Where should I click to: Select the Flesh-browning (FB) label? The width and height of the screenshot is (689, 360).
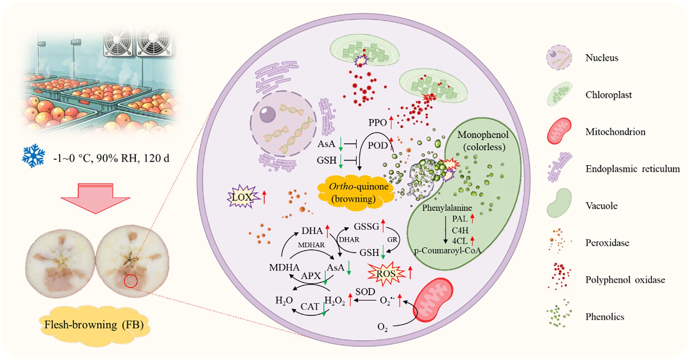[x=94, y=325]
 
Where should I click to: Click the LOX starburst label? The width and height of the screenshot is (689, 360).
[x=242, y=197]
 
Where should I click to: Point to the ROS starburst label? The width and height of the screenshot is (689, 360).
[x=386, y=273]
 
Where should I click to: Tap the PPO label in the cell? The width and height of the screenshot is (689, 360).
[x=377, y=122]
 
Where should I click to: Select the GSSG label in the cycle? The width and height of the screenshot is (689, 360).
[x=366, y=226]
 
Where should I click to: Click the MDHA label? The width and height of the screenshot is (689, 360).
[x=284, y=267]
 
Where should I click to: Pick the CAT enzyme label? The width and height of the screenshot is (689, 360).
[x=310, y=306]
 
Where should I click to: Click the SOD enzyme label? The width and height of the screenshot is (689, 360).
[x=365, y=291]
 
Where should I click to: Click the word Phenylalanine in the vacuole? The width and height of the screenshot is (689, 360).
[x=447, y=208]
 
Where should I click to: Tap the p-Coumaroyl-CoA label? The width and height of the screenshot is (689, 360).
[x=447, y=250]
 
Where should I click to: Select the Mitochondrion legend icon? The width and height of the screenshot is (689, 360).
[x=559, y=131]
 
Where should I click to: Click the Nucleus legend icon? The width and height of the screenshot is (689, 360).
[x=558, y=58]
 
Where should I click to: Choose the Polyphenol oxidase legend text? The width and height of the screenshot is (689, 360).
[x=625, y=280]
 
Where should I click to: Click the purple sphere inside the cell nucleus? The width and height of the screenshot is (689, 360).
[x=268, y=114]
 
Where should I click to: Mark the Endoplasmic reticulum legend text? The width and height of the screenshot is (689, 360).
[x=632, y=169]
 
